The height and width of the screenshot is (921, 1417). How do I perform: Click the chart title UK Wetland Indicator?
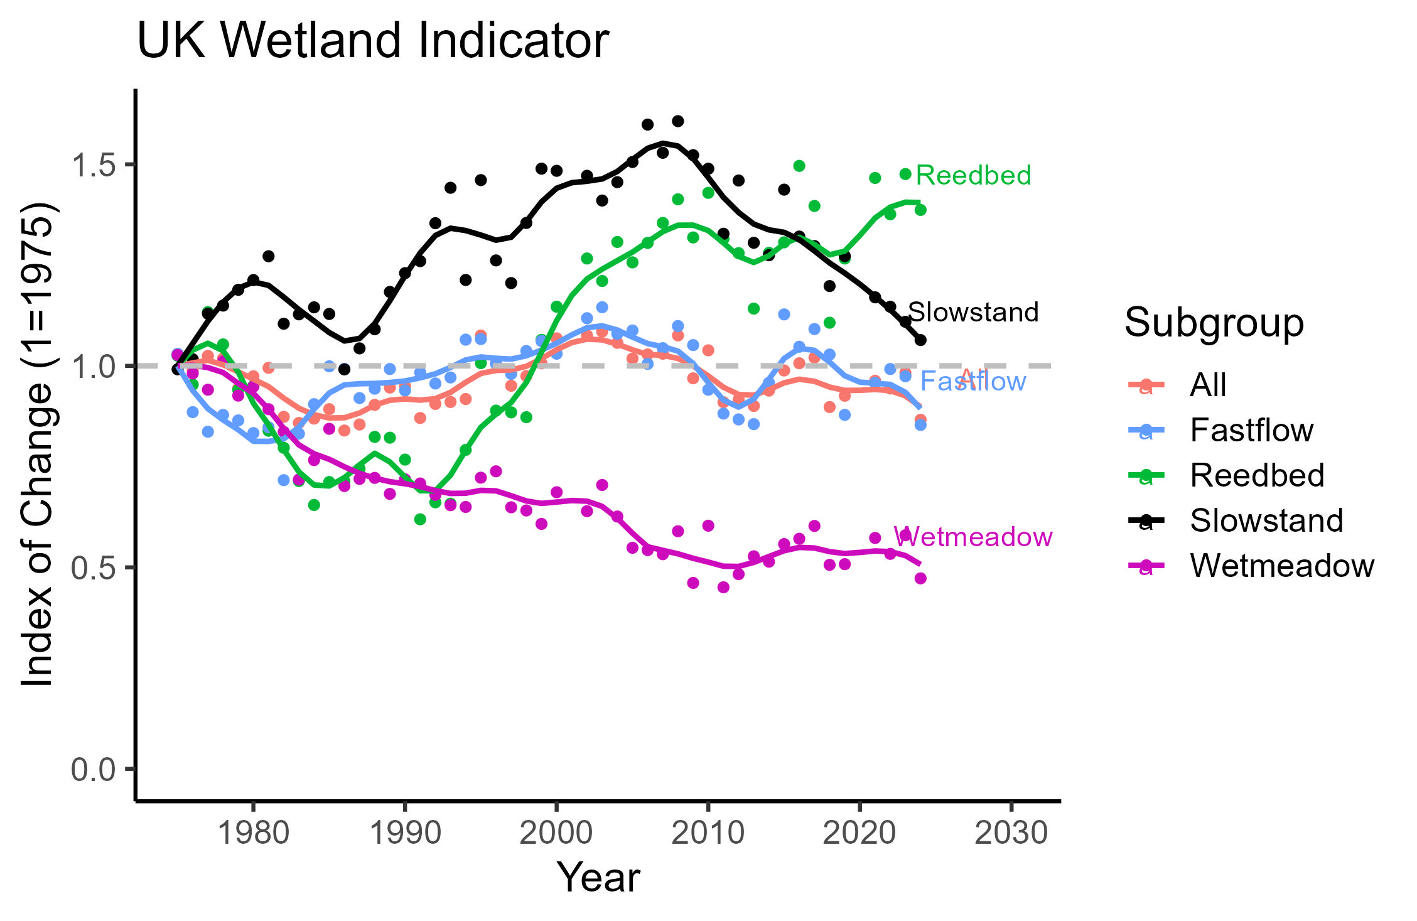click(372, 40)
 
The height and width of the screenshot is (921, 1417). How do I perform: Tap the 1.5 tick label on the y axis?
click(94, 165)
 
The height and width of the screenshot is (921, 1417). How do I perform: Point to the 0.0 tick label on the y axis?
click(94, 769)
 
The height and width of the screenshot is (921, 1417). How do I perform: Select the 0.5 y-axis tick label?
click(94, 568)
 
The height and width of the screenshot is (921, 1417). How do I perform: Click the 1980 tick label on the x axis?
click(253, 833)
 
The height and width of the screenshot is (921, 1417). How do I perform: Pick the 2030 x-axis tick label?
click(1011, 833)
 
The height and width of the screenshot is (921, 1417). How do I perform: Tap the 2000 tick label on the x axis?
click(556, 833)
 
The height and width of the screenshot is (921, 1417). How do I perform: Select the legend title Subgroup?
click(1214, 323)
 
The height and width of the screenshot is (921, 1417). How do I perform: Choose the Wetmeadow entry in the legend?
click(1281, 566)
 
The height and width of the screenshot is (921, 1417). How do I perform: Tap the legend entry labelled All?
click(1207, 385)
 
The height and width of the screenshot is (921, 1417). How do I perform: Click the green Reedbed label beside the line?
click(973, 175)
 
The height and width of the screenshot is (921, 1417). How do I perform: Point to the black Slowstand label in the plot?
click(973, 312)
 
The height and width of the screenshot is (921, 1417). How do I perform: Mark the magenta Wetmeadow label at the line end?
click(973, 537)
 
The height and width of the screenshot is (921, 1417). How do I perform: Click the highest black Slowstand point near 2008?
click(677, 121)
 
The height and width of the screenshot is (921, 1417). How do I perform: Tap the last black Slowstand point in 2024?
click(920, 340)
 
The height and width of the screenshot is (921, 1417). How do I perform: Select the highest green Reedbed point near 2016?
click(799, 166)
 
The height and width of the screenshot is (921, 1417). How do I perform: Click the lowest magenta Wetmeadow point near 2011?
click(723, 587)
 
